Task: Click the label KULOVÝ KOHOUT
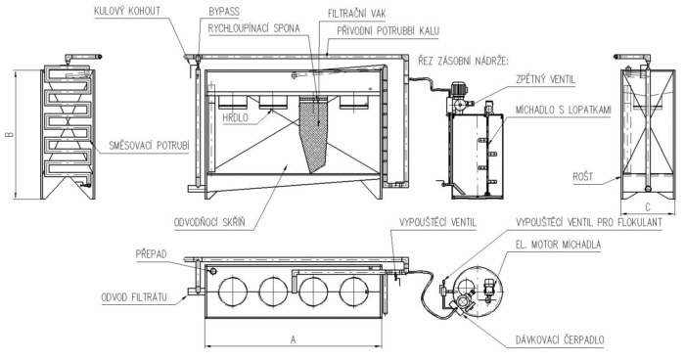pyautogui.click(x=136, y=11)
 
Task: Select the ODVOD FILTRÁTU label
pyautogui.click(x=139, y=295)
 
